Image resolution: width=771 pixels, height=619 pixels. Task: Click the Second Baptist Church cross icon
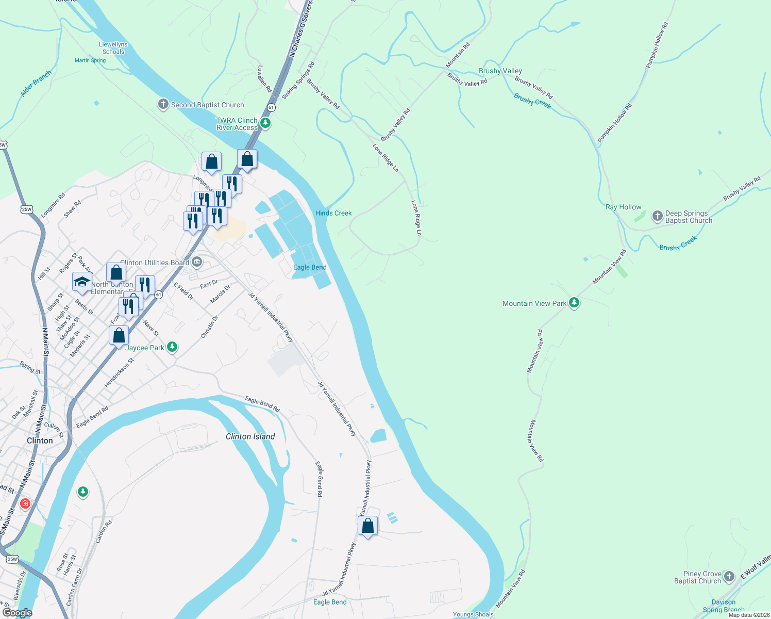[x=163, y=105]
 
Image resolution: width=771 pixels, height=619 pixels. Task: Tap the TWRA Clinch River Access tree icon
[x=265, y=123]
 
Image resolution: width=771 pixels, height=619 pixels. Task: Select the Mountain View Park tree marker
[x=574, y=303]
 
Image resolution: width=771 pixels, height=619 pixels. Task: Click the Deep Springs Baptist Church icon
[x=657, y=216]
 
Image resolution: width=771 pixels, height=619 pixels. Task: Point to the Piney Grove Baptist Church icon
[x=729, y=577]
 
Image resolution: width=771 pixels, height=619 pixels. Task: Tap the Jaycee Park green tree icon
[x=172, y=347]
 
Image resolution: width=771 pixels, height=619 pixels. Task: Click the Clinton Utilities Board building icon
[x=197, y=263]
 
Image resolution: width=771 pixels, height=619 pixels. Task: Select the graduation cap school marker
[x=82, y=282]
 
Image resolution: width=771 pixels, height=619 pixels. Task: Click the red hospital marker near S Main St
[x=25, y=503]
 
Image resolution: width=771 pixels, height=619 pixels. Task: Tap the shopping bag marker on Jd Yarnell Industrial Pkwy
[x=367, y=526]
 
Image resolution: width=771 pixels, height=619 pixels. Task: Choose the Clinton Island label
[x=250, y=436]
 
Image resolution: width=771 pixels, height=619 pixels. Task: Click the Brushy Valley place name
[x=500, y=71]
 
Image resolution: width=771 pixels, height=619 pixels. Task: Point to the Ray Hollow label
[x=623, y=207]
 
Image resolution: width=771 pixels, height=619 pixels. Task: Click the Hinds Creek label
[x=333, y=213]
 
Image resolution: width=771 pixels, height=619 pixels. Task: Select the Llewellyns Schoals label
[x=113, y=48]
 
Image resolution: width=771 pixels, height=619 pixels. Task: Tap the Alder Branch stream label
[x=36, y=83]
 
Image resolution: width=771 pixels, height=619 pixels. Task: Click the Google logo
[x=17, y=613]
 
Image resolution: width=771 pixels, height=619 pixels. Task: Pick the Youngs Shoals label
[x=473, y=614]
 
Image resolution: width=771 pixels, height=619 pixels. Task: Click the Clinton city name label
[x=40, y=441]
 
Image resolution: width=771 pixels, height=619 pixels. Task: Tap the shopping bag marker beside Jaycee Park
[x=119, y=335]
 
